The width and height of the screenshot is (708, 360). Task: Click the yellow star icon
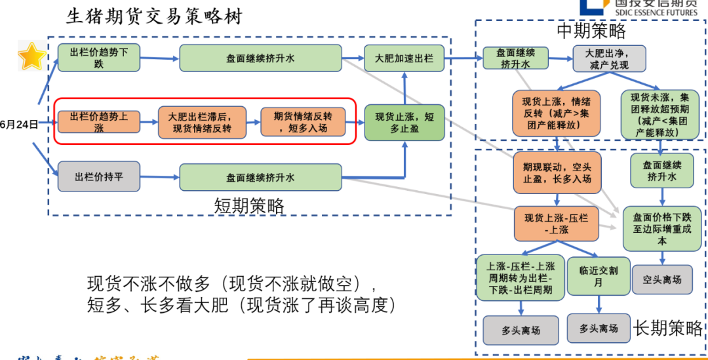coord(31,56)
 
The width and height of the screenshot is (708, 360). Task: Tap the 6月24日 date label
coord(19,123)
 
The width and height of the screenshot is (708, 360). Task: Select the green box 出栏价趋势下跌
coord(99,58)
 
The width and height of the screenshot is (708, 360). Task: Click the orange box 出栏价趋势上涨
coord(99,122)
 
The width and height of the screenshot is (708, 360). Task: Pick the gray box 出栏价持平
coord(99,176)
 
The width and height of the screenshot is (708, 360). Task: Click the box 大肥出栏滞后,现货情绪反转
coord(202,122)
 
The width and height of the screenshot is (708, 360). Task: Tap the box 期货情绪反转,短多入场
coord(302,122)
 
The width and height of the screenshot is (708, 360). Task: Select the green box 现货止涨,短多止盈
coord(404,122)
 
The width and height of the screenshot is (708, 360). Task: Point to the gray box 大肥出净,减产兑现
coord(609,58)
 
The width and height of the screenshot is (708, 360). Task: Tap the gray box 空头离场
coord(662,279)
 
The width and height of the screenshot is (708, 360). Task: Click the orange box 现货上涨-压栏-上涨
coord(557,223)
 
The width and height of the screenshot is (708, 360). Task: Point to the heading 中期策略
coord(591,31)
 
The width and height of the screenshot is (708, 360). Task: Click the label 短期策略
coord(249,206)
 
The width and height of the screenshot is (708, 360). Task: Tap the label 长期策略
coord(667,328)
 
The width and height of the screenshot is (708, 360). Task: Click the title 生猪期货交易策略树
coord(155,16)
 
